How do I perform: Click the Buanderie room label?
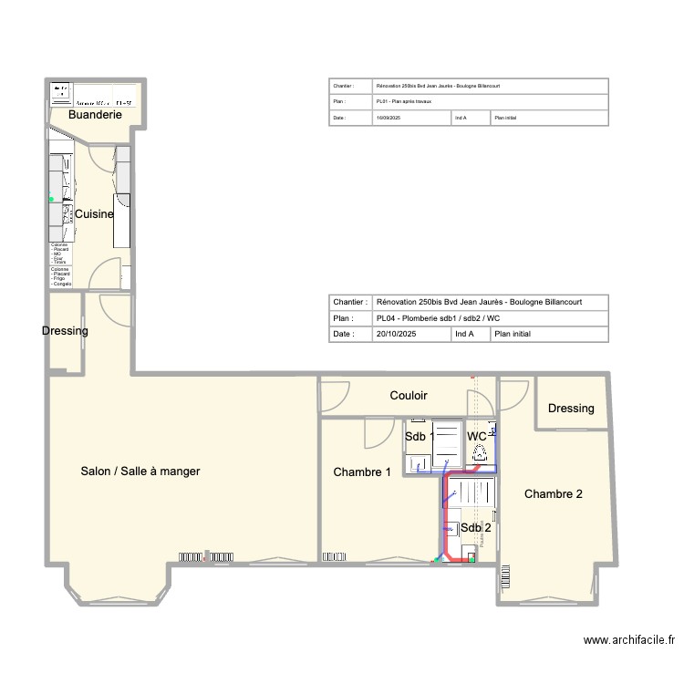95,116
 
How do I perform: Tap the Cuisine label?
94,214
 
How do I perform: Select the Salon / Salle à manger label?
140,472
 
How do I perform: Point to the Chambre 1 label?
362,472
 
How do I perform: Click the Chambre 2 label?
553,494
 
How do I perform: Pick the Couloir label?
409,396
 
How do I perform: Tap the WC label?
477,437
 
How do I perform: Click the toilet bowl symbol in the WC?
479,450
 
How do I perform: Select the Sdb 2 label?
476,527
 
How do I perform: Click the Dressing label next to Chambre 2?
571,409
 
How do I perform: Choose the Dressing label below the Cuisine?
65,331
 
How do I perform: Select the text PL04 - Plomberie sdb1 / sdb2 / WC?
437,318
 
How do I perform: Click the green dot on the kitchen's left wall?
52,199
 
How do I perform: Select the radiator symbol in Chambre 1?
334,555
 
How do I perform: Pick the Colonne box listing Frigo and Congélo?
60,277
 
